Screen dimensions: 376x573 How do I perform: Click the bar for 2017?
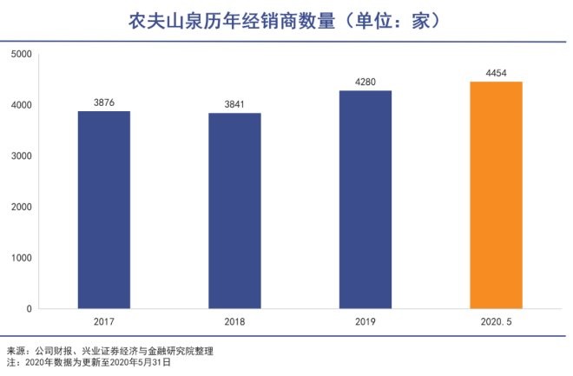click(103, 209)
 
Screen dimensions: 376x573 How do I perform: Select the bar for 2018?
click(234, 210)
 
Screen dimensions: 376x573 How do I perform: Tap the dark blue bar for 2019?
click(366, 199)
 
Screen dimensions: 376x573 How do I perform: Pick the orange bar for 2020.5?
click(496, 195)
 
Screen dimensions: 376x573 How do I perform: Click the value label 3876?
click(104, 102)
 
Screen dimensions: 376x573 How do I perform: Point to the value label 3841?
click(234, 104)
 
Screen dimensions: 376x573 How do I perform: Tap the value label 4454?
click(496, 73)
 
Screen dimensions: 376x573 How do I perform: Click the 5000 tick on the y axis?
click(21, 54)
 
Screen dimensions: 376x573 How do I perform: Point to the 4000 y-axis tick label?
click(21, 105)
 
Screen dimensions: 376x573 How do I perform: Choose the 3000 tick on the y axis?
click(21, 156)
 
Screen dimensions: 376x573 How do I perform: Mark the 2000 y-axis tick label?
click(21, 207)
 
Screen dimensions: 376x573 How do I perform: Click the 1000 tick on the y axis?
click(21, 258)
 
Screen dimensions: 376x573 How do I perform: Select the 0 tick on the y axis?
click(29, 308)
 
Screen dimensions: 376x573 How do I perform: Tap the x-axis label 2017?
click(103, 322)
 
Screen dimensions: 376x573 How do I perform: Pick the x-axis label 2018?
click(234, 322)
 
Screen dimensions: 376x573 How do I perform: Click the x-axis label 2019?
click(366, 322)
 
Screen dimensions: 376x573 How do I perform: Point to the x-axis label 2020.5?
click(496, 322)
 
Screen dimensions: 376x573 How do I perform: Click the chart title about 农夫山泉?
click(286, 19)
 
